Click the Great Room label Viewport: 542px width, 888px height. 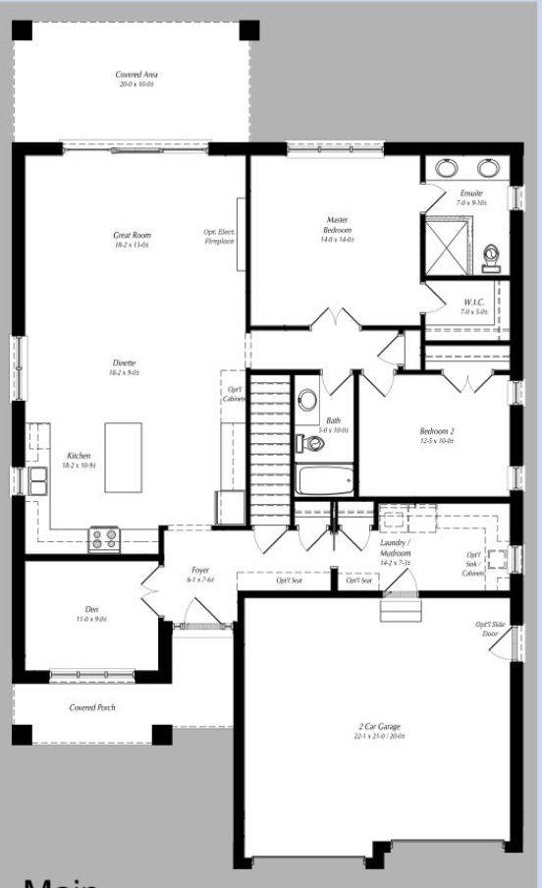click(131, 240)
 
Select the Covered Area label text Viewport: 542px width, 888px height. click(136, 79)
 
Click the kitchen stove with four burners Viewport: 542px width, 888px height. click(104, 538)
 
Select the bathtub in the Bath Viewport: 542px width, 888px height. click(323, 481)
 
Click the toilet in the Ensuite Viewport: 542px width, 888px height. click(493, 257)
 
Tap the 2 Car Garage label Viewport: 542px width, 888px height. click(378, 732)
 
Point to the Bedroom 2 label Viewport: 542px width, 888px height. click(437, 436)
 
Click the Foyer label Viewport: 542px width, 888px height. click(199, 574)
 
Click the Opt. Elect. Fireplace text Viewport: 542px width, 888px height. click(219, 236)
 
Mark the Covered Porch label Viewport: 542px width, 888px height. click(92, 707)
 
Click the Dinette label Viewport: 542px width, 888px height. click(124, 367)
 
